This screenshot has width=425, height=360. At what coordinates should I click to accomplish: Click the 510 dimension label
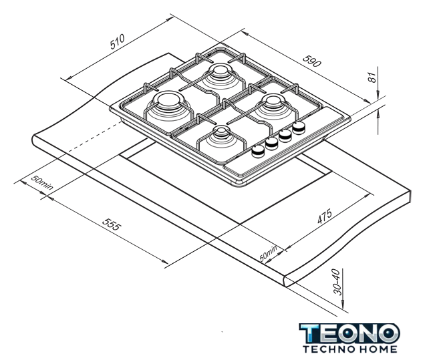[x=118, y=41]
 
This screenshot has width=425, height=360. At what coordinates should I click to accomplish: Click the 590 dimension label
[x=311, y=61]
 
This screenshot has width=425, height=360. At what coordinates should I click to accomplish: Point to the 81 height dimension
[x=373, y=77]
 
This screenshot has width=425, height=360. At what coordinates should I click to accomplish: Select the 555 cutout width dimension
[x=111, y=224]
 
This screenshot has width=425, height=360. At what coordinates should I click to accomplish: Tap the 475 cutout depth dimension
[x=325, y=216]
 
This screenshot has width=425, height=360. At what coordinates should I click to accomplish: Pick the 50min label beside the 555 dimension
[x=42, y=182]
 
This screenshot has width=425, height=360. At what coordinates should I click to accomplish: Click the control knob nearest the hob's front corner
[x=258, y=150]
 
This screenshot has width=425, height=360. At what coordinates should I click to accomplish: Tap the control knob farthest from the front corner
[x=299, y=128]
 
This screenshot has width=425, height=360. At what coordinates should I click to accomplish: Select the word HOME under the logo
[x=378, y=349]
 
